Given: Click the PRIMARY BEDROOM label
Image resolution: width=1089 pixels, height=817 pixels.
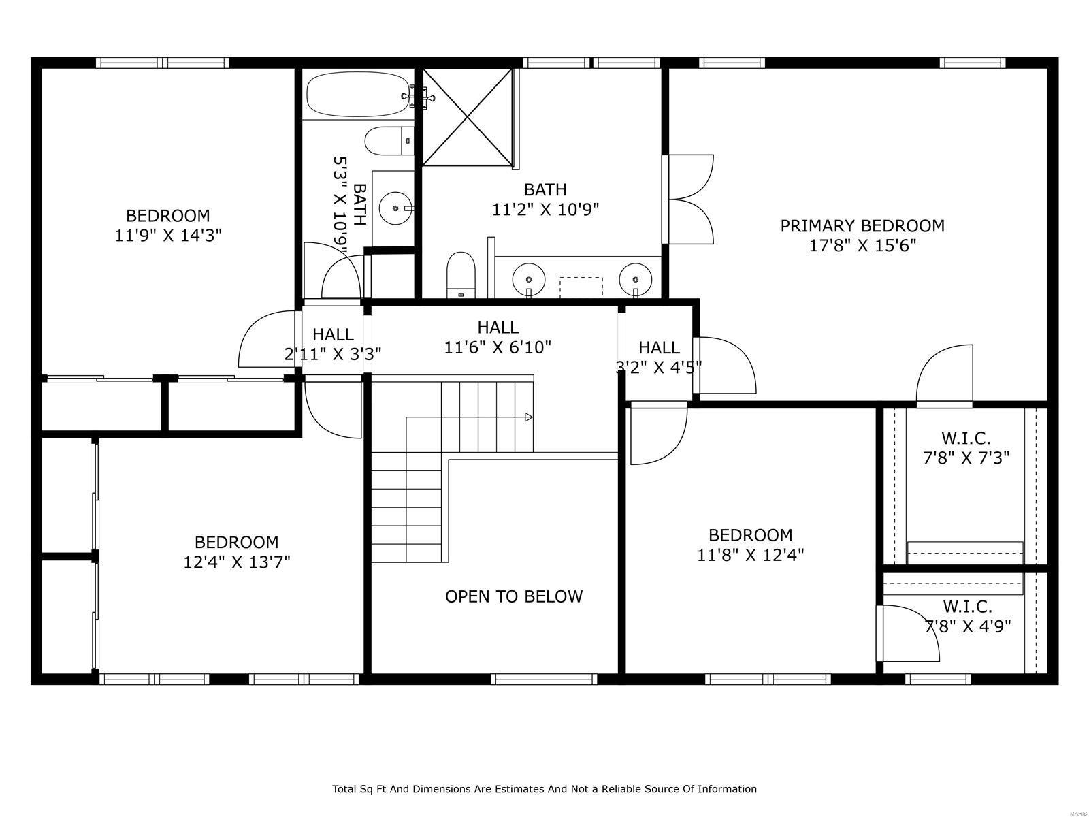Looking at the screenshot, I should click(862, 225).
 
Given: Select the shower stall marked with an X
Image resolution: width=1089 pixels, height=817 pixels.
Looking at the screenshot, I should click(467, 116).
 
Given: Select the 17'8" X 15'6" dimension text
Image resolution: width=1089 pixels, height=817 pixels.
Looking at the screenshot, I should click(862, 246).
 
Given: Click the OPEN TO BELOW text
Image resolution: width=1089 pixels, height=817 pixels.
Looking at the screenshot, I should click(514, 596).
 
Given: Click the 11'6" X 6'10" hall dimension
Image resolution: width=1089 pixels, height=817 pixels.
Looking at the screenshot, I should click(498, 348).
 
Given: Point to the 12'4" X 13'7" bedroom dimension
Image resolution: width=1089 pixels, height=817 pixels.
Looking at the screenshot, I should click(237, 562).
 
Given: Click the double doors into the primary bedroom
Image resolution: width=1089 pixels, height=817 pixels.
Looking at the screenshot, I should click(689, 199).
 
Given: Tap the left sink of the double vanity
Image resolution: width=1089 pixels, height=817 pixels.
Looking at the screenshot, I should click(529, 278).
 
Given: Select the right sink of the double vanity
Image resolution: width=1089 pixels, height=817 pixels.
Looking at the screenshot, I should click(635, 278).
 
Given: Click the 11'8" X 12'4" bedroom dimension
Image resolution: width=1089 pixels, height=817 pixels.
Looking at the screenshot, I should click(750, 555).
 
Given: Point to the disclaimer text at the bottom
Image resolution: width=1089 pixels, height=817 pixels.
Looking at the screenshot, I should click(544, 789).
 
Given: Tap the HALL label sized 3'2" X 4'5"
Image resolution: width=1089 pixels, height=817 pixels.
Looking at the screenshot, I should click(659, 348).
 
